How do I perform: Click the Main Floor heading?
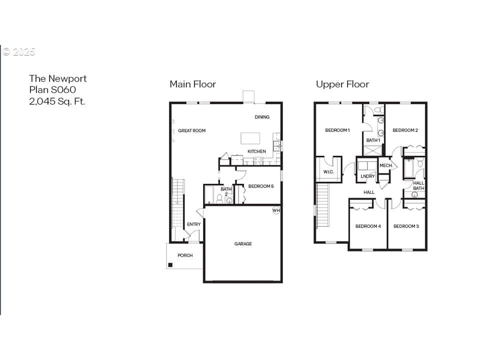click(193, 84)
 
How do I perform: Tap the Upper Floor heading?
click(342, 84)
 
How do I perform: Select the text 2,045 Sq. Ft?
click(57, 101)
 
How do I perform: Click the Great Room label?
click(192, 130)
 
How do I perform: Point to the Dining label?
click(262, 117)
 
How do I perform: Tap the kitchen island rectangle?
click(250, 138)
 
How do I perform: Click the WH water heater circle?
click(276, 210)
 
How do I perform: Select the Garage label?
click(243, 244)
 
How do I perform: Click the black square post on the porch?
click(170, 265)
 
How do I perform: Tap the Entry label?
click(194, 224)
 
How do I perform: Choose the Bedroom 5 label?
click(261, 186)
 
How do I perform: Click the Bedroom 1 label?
click(337, 130)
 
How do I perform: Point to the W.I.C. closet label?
click(328, 172)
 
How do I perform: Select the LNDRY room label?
click(367, 176)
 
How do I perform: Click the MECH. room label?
click(386, 165)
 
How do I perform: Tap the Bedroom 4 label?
click(368, 226)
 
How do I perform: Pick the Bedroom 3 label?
click(406, 226)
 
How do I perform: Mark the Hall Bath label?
click(418, 186)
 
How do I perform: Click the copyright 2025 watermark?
click(19, 51)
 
